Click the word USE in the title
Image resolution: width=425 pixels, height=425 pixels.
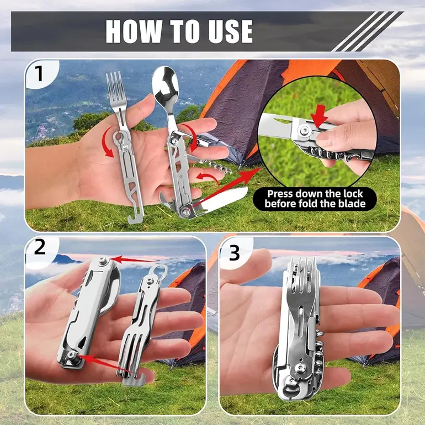click(x=230, y=31)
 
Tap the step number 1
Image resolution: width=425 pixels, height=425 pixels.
click(x=39, y=73)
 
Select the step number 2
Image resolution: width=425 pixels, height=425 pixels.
click(x=40, y=247)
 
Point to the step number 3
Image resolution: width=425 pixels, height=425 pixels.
click(x=234, y=253)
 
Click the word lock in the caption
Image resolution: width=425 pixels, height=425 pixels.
click(x=349, y=194)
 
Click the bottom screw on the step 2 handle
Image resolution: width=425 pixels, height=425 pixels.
click(x=73, y=355)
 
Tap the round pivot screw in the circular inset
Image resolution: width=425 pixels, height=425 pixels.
click(x=305, y=131)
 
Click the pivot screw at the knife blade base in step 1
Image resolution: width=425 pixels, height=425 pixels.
click(x=185, y=211)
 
